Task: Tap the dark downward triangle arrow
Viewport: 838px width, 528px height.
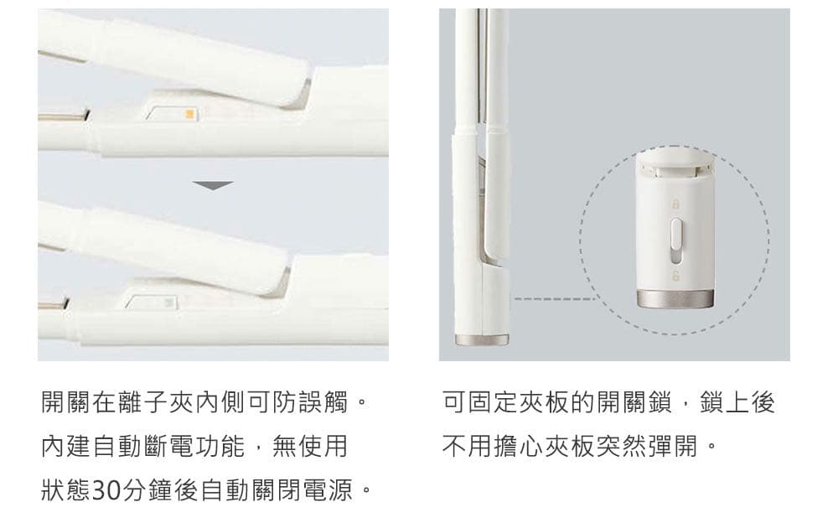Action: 213,186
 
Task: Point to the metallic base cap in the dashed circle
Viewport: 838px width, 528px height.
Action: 675,299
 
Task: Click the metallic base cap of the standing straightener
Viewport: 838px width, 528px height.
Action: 482,340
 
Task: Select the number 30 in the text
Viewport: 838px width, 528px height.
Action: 106,490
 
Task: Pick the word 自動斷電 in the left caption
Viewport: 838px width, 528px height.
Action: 143,446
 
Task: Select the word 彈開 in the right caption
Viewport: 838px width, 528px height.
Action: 673,446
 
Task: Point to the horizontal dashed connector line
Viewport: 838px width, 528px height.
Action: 554,298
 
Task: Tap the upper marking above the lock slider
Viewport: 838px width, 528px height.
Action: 675,204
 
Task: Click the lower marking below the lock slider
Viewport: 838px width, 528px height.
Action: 675,277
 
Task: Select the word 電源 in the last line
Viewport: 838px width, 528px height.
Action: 327,490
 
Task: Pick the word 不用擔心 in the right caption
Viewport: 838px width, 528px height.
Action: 492,446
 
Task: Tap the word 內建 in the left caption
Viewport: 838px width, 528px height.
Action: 66,446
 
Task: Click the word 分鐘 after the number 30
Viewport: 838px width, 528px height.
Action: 147,490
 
